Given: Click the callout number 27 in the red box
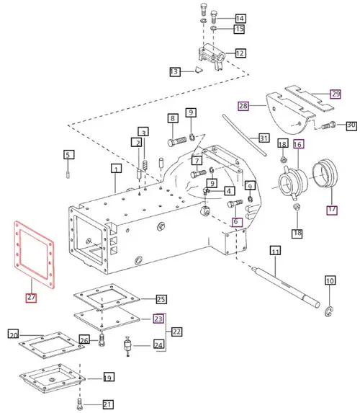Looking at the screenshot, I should click(x=30, y=296).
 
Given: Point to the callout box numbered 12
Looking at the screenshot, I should click(x=239, y=53).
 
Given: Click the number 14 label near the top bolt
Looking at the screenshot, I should click(x=239, y=18).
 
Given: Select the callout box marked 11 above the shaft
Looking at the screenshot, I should click(x=274, y=251).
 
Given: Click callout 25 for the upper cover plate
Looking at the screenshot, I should click(x=161, y=299).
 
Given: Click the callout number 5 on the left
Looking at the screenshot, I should click(x=68, y=154).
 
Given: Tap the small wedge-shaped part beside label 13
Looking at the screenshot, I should click(x=196, y=71).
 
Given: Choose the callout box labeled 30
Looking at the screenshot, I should click(x=351, y=125).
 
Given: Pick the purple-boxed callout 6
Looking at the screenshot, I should click(x=235, y=223).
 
